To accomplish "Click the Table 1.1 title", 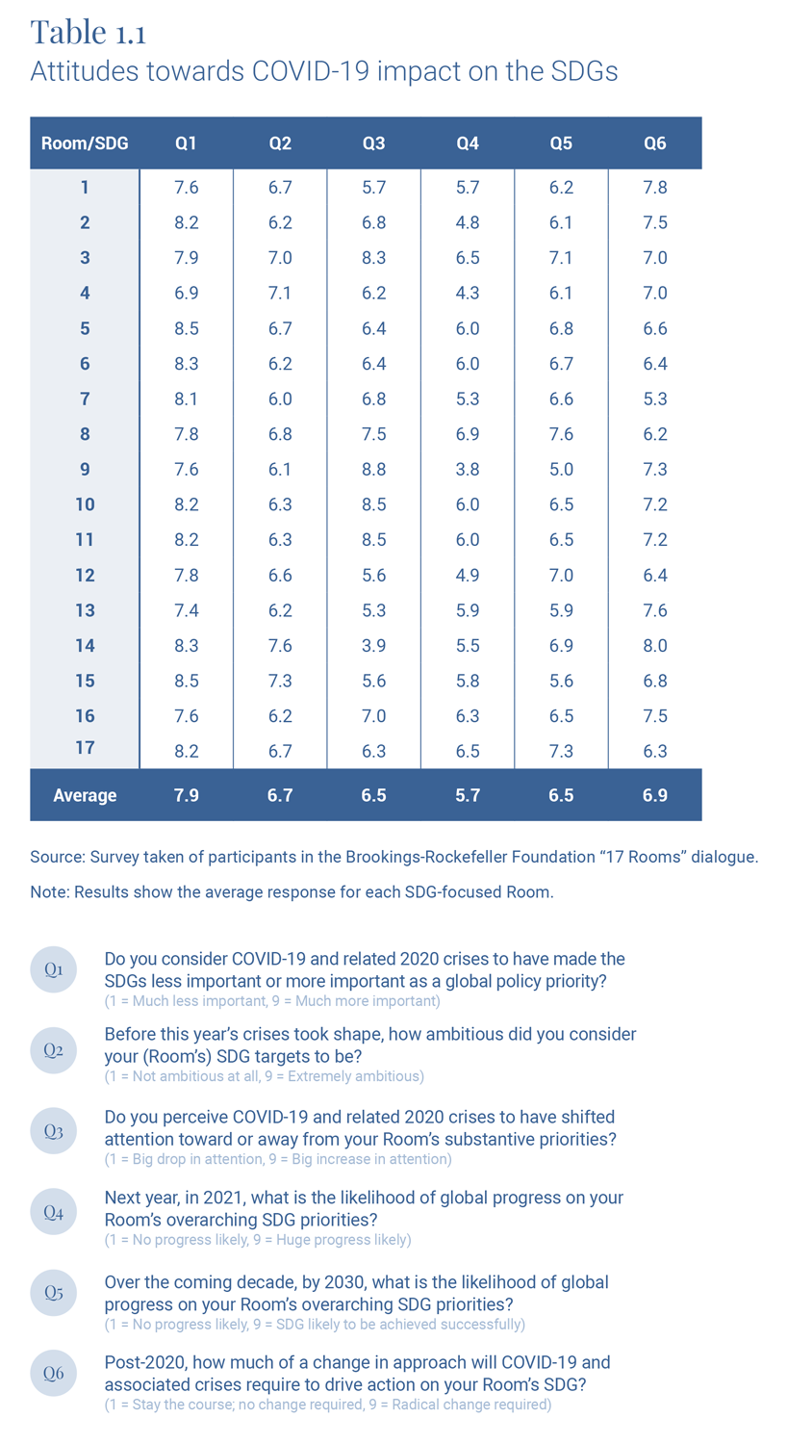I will tap(89, 32).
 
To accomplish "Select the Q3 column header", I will tap(373, 143).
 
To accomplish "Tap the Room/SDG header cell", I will tap(85, 143).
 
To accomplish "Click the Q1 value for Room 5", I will tap(186, 328).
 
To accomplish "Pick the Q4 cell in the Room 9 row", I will tap(467, 469).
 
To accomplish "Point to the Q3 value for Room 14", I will tap(373, 645).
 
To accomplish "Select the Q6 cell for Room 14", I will tap(654, 645).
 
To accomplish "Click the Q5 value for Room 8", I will tap(561, 434).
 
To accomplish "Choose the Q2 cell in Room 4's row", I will tap(280, 293).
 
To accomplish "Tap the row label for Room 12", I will tap(85, 575).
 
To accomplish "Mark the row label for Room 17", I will tap(85, 748).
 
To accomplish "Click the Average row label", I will tap(85, 795).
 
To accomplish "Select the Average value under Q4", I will tap(467, 795).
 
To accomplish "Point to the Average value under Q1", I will tap(186, 795).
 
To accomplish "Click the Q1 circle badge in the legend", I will tap(53, 969).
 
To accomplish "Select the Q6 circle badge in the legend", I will tap(53, 1374).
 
